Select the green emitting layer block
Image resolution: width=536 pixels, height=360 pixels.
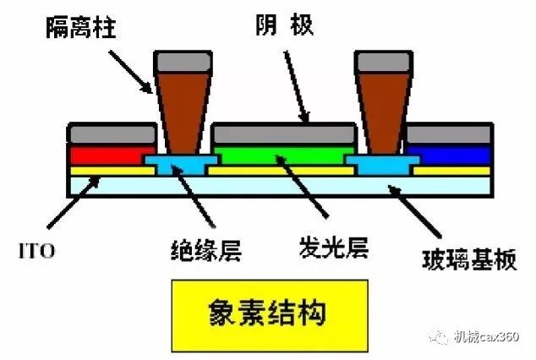click(x=279, y=154)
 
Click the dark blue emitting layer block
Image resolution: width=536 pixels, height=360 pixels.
click(x=451, y=154)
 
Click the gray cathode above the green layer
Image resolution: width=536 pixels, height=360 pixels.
click(x=282, y=134)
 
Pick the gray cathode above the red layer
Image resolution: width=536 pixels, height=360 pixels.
click(x=111, y=134)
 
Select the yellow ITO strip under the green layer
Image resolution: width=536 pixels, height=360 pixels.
click(x=280, y=170)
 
